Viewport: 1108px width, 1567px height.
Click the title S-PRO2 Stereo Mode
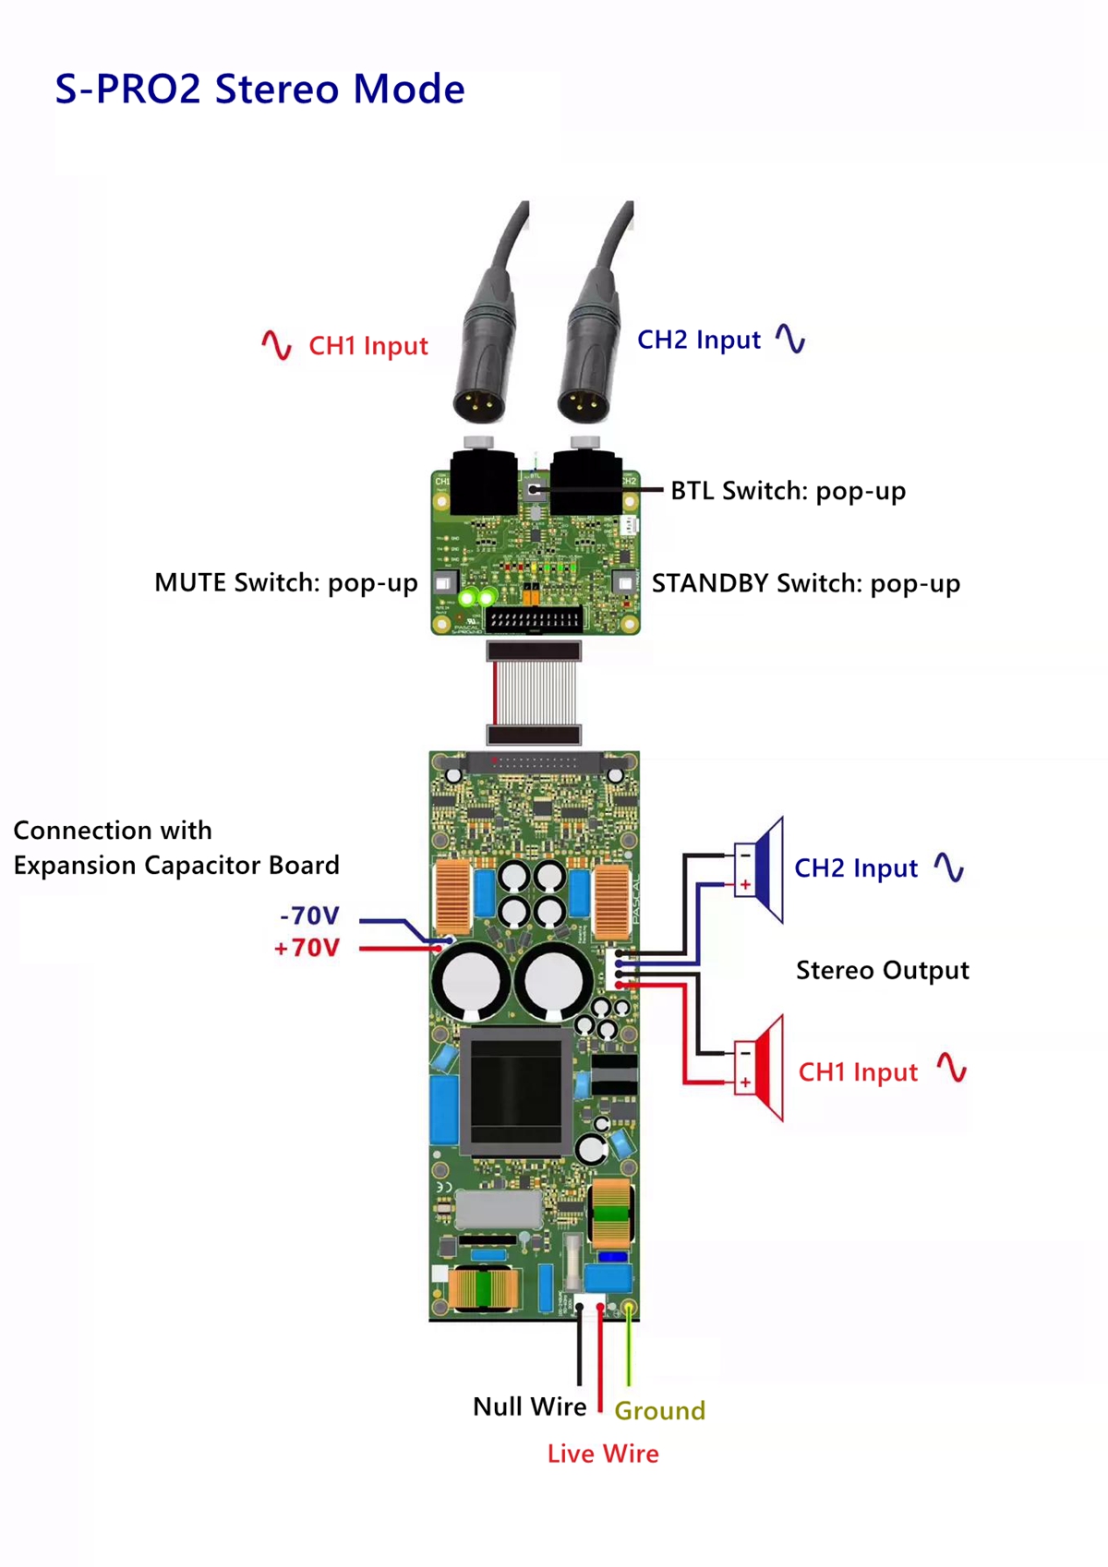[x=259, y=90]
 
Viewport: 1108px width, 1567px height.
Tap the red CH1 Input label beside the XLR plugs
[x=367, y=346]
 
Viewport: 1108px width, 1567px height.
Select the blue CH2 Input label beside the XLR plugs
[x=699, y=341]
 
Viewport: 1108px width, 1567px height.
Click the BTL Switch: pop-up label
[x=788, y=491]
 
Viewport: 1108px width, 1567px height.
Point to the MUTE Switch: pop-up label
[x=285, y=583]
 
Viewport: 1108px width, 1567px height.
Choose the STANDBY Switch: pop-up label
[x=805, y=584]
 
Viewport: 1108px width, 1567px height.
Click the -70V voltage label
[x=309, y=916]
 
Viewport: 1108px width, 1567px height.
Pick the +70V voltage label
[x=307, y=949]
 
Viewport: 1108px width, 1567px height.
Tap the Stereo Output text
[x=882, y=971]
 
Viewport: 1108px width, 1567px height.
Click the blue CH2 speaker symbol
[x=762, y=869]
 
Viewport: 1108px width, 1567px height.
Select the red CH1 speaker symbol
[x=762, y=1069]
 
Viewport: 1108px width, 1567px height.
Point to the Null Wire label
[x=529, y=1407]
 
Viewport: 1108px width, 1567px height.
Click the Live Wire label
[x=603, y=1454]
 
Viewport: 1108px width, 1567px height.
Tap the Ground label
[x=659, y=1411]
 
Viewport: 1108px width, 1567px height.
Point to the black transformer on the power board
[x=515, y=1092]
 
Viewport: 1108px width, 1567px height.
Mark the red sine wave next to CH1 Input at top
[x=276, y=345]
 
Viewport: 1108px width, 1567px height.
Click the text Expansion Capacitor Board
[x=176, y=866]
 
